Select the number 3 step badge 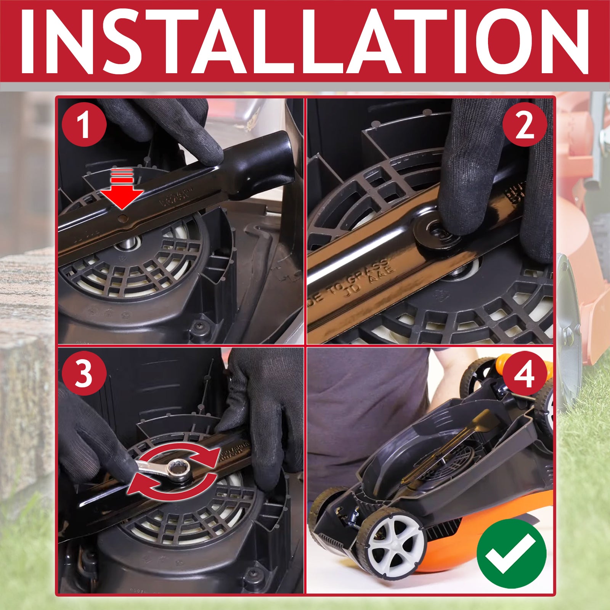pyautogui.click(x=84, y=373)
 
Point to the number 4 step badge pyautogui.click(x=525, y=373)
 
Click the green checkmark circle pyautogui.click(x=511, y=553)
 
